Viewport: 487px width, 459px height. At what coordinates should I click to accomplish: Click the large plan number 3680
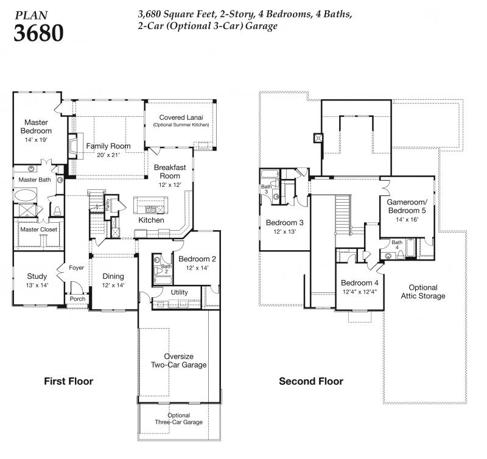[x=38, y=33]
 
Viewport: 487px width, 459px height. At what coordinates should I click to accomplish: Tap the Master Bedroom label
[x=36, y=127]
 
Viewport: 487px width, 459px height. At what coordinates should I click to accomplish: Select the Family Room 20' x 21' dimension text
[x=108, y=155]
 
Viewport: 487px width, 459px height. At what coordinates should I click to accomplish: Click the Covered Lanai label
[x=181, y=117]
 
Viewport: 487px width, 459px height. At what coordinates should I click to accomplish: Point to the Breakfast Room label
[x=170, y=172]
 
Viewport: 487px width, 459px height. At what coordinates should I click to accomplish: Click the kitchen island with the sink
[x=150, y=206]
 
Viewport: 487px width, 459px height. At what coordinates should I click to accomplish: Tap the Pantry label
[x=108, y=205]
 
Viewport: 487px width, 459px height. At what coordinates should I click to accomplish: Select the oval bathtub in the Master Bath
[x=26, y=195]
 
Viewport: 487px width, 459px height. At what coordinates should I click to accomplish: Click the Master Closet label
[x=39, y=229]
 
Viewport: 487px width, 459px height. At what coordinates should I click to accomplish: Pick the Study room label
[x=37, y=276]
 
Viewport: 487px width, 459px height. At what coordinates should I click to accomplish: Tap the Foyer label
[x=77, y=267]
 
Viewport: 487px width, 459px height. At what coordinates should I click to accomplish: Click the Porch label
[x=77, y=298]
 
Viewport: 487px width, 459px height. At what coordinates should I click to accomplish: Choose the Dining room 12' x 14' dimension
[x=113, y=285]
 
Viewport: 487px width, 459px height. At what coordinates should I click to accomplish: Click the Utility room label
[x=179, y=292]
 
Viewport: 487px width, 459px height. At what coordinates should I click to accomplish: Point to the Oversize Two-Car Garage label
[x=178, y=360]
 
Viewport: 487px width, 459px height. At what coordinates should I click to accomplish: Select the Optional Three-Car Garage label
[x=178, y=419]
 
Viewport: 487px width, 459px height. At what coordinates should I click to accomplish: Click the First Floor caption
[x=69, y=381]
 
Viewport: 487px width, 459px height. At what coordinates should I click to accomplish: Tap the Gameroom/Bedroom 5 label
[x=407, y=206]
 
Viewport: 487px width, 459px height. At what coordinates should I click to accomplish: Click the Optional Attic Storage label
[x=423, y=292]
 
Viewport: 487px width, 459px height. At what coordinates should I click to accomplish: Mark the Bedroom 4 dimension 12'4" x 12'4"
[x=360, y=292]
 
